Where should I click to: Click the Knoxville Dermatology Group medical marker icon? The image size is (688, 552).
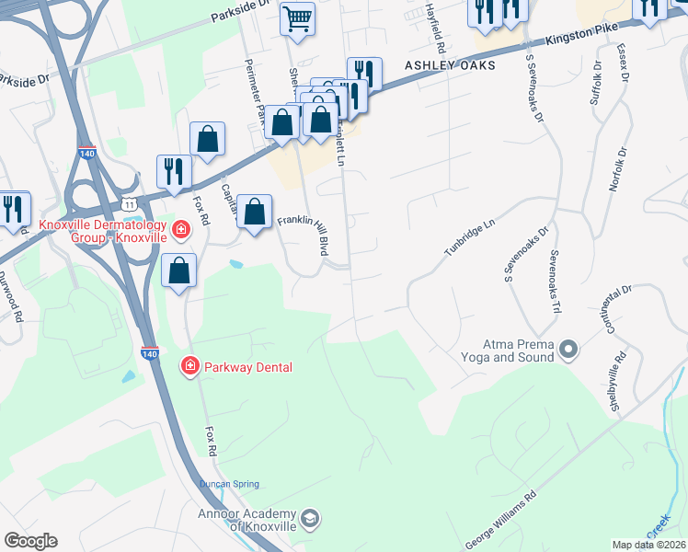181,228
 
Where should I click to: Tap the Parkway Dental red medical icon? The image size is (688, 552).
190,367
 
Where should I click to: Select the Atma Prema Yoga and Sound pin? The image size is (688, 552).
568,349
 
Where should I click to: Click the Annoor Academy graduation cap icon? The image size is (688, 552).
310,519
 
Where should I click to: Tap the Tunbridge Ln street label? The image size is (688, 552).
470,236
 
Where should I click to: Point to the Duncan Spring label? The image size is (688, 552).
230,484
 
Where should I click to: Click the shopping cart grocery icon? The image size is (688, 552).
297,18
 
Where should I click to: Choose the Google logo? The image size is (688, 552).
30,541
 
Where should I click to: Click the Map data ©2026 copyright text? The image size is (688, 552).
649,545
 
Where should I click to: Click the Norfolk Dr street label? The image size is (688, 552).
618,168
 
